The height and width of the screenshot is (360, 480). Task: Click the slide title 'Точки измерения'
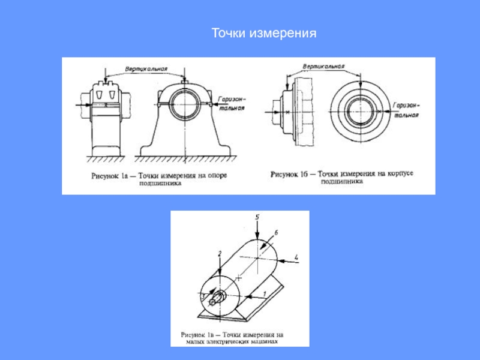tap(263, 35)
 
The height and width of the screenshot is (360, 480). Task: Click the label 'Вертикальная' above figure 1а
tap(146, 67)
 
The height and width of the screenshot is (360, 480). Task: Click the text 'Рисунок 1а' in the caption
tap(111, 176)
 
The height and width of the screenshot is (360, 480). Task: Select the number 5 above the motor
tap(256, 215)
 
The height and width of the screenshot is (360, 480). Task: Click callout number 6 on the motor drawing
tap(275, 232)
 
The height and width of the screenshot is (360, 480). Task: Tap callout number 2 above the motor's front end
tap(220, 254)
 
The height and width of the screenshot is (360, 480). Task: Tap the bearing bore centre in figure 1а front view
tap(186, 103)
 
